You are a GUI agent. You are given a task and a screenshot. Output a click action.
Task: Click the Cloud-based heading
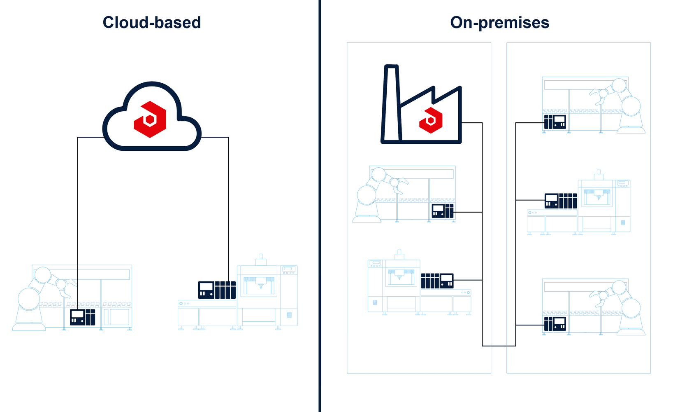coord(152,23)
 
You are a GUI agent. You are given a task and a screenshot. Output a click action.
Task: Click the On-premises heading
coord(499,23)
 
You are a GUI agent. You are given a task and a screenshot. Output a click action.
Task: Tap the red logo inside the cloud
coord(150,119)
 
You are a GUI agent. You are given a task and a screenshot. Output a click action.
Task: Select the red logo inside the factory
coord(431,120)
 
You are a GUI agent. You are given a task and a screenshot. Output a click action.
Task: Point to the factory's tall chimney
coord(391,103)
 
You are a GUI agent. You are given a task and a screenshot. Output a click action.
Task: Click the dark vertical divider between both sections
coord(320,206)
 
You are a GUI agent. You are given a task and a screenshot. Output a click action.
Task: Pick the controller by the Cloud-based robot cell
coord(83,317)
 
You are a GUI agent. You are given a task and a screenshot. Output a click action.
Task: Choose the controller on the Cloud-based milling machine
coord(217,290)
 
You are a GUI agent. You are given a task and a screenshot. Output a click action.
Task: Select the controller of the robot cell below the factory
coord(443,211)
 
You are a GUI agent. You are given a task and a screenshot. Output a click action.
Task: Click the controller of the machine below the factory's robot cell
coord(437,281)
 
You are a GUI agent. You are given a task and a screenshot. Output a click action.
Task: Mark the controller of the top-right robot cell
coord(555,122)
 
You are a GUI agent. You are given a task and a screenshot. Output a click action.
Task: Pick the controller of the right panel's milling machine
coord(561,201)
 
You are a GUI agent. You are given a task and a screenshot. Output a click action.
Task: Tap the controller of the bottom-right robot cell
coord(555,324)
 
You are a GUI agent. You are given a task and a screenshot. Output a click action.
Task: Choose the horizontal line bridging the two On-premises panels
coord(499,346)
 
